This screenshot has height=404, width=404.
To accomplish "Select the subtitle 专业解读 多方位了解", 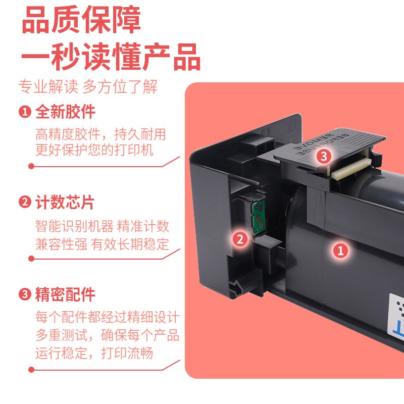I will (88, 87).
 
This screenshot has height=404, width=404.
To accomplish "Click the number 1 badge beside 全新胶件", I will (25, 112).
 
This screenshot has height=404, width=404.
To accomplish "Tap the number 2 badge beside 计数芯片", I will (25, 203).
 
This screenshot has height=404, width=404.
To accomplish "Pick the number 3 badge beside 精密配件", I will (25, 294).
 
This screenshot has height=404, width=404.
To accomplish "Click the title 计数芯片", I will (65, 203).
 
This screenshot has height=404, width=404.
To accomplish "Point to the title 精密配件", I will (65, 294).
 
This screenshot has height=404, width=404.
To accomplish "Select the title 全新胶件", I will (65, 112).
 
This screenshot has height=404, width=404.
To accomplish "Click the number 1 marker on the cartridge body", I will (341, 250).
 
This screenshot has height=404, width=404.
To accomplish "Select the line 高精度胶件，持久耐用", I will (100, 134).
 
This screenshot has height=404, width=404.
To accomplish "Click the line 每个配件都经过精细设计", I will (107, 318).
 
